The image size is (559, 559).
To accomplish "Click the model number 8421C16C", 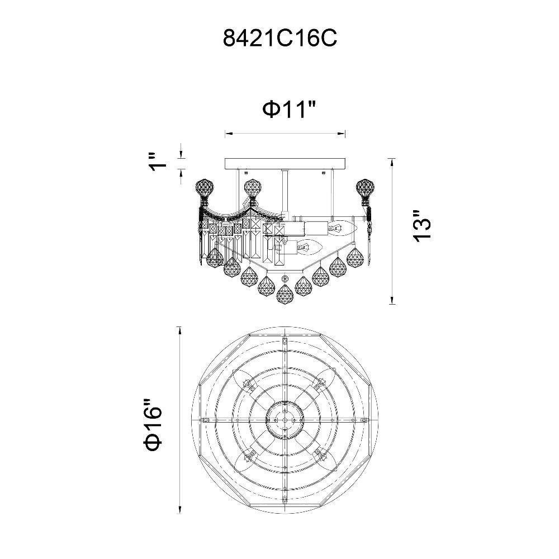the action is [x=280, y=38].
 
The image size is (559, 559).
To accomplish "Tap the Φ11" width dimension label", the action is [x=289, y=109].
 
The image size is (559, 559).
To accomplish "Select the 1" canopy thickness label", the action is [x=158, y=163].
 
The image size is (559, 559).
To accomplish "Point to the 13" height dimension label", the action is [x=422, y=227].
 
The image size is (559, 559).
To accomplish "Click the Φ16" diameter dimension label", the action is [x=153, y=425].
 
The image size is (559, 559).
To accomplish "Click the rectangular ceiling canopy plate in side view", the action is [x=285, y=164].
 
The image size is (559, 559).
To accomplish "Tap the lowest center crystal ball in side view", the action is [x=285, y=294].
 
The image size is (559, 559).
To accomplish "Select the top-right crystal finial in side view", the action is [x=366, y=191].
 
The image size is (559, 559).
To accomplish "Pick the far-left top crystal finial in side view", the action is [x=205, y=191].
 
